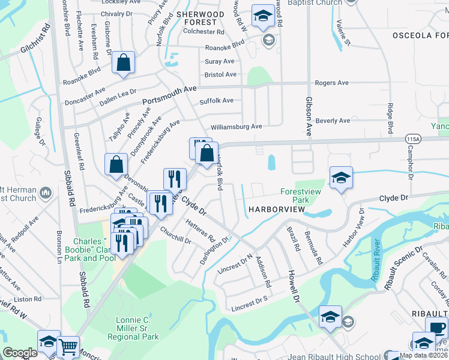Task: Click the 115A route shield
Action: [412, 139]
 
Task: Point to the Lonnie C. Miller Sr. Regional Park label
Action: [137, 328]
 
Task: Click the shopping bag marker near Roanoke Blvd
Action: [123, 63]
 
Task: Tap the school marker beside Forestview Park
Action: [341, 178]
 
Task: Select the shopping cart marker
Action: [68, 346]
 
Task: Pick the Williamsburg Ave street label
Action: [236, 127]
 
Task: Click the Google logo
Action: [20, 353]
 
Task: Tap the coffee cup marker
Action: [436, 328]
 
